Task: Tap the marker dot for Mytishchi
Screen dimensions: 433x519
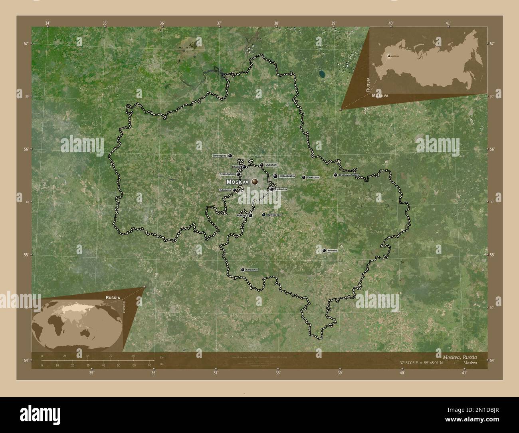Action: point(262,165)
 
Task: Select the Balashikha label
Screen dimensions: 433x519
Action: point(287,176)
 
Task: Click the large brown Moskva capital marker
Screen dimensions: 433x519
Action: point(254,182)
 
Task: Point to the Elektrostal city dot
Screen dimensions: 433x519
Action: point(304,177)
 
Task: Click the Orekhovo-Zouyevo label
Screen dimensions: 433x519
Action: point(349,175)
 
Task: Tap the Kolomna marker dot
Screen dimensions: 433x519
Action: point(324,250)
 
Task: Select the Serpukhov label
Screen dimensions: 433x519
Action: point(252,270)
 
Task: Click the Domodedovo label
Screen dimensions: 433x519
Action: point(274,215)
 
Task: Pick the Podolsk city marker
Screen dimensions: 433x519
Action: point(250,216)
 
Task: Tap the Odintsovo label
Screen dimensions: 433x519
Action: point(225,190)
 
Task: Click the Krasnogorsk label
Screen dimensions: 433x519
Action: point(227,174)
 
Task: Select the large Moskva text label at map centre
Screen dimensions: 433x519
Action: point(238,182)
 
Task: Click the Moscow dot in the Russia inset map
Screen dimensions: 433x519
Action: point(389,56)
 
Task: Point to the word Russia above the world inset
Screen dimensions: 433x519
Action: point(113,298)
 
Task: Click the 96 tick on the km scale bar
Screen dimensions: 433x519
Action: point(134,356)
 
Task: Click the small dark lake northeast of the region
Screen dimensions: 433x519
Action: point(322,73)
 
